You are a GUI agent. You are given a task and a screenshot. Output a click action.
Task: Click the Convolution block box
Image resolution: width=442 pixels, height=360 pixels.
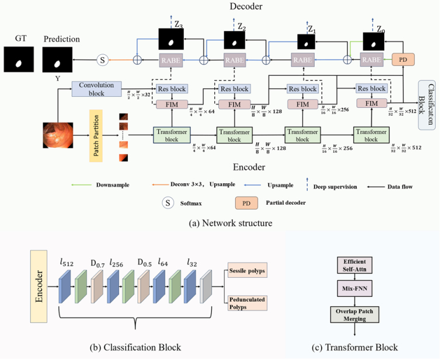(96, 89)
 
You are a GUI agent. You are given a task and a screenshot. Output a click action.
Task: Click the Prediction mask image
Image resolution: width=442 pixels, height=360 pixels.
(58, 60)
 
